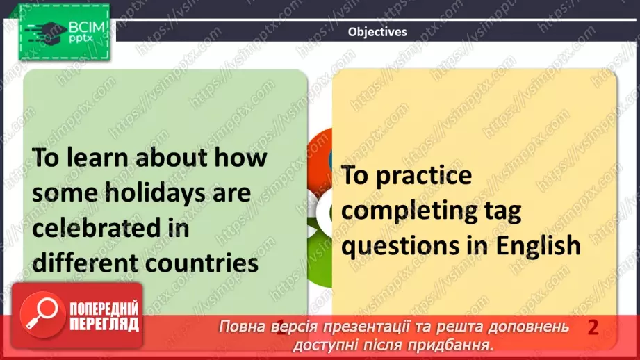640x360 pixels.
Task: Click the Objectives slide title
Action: pyautogui.click(x=377, y=31)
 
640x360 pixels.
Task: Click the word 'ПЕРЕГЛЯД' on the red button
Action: pyautogui.click(x=103, y=325)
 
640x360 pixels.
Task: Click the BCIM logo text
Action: pyautogui.click(x=85, y=28)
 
